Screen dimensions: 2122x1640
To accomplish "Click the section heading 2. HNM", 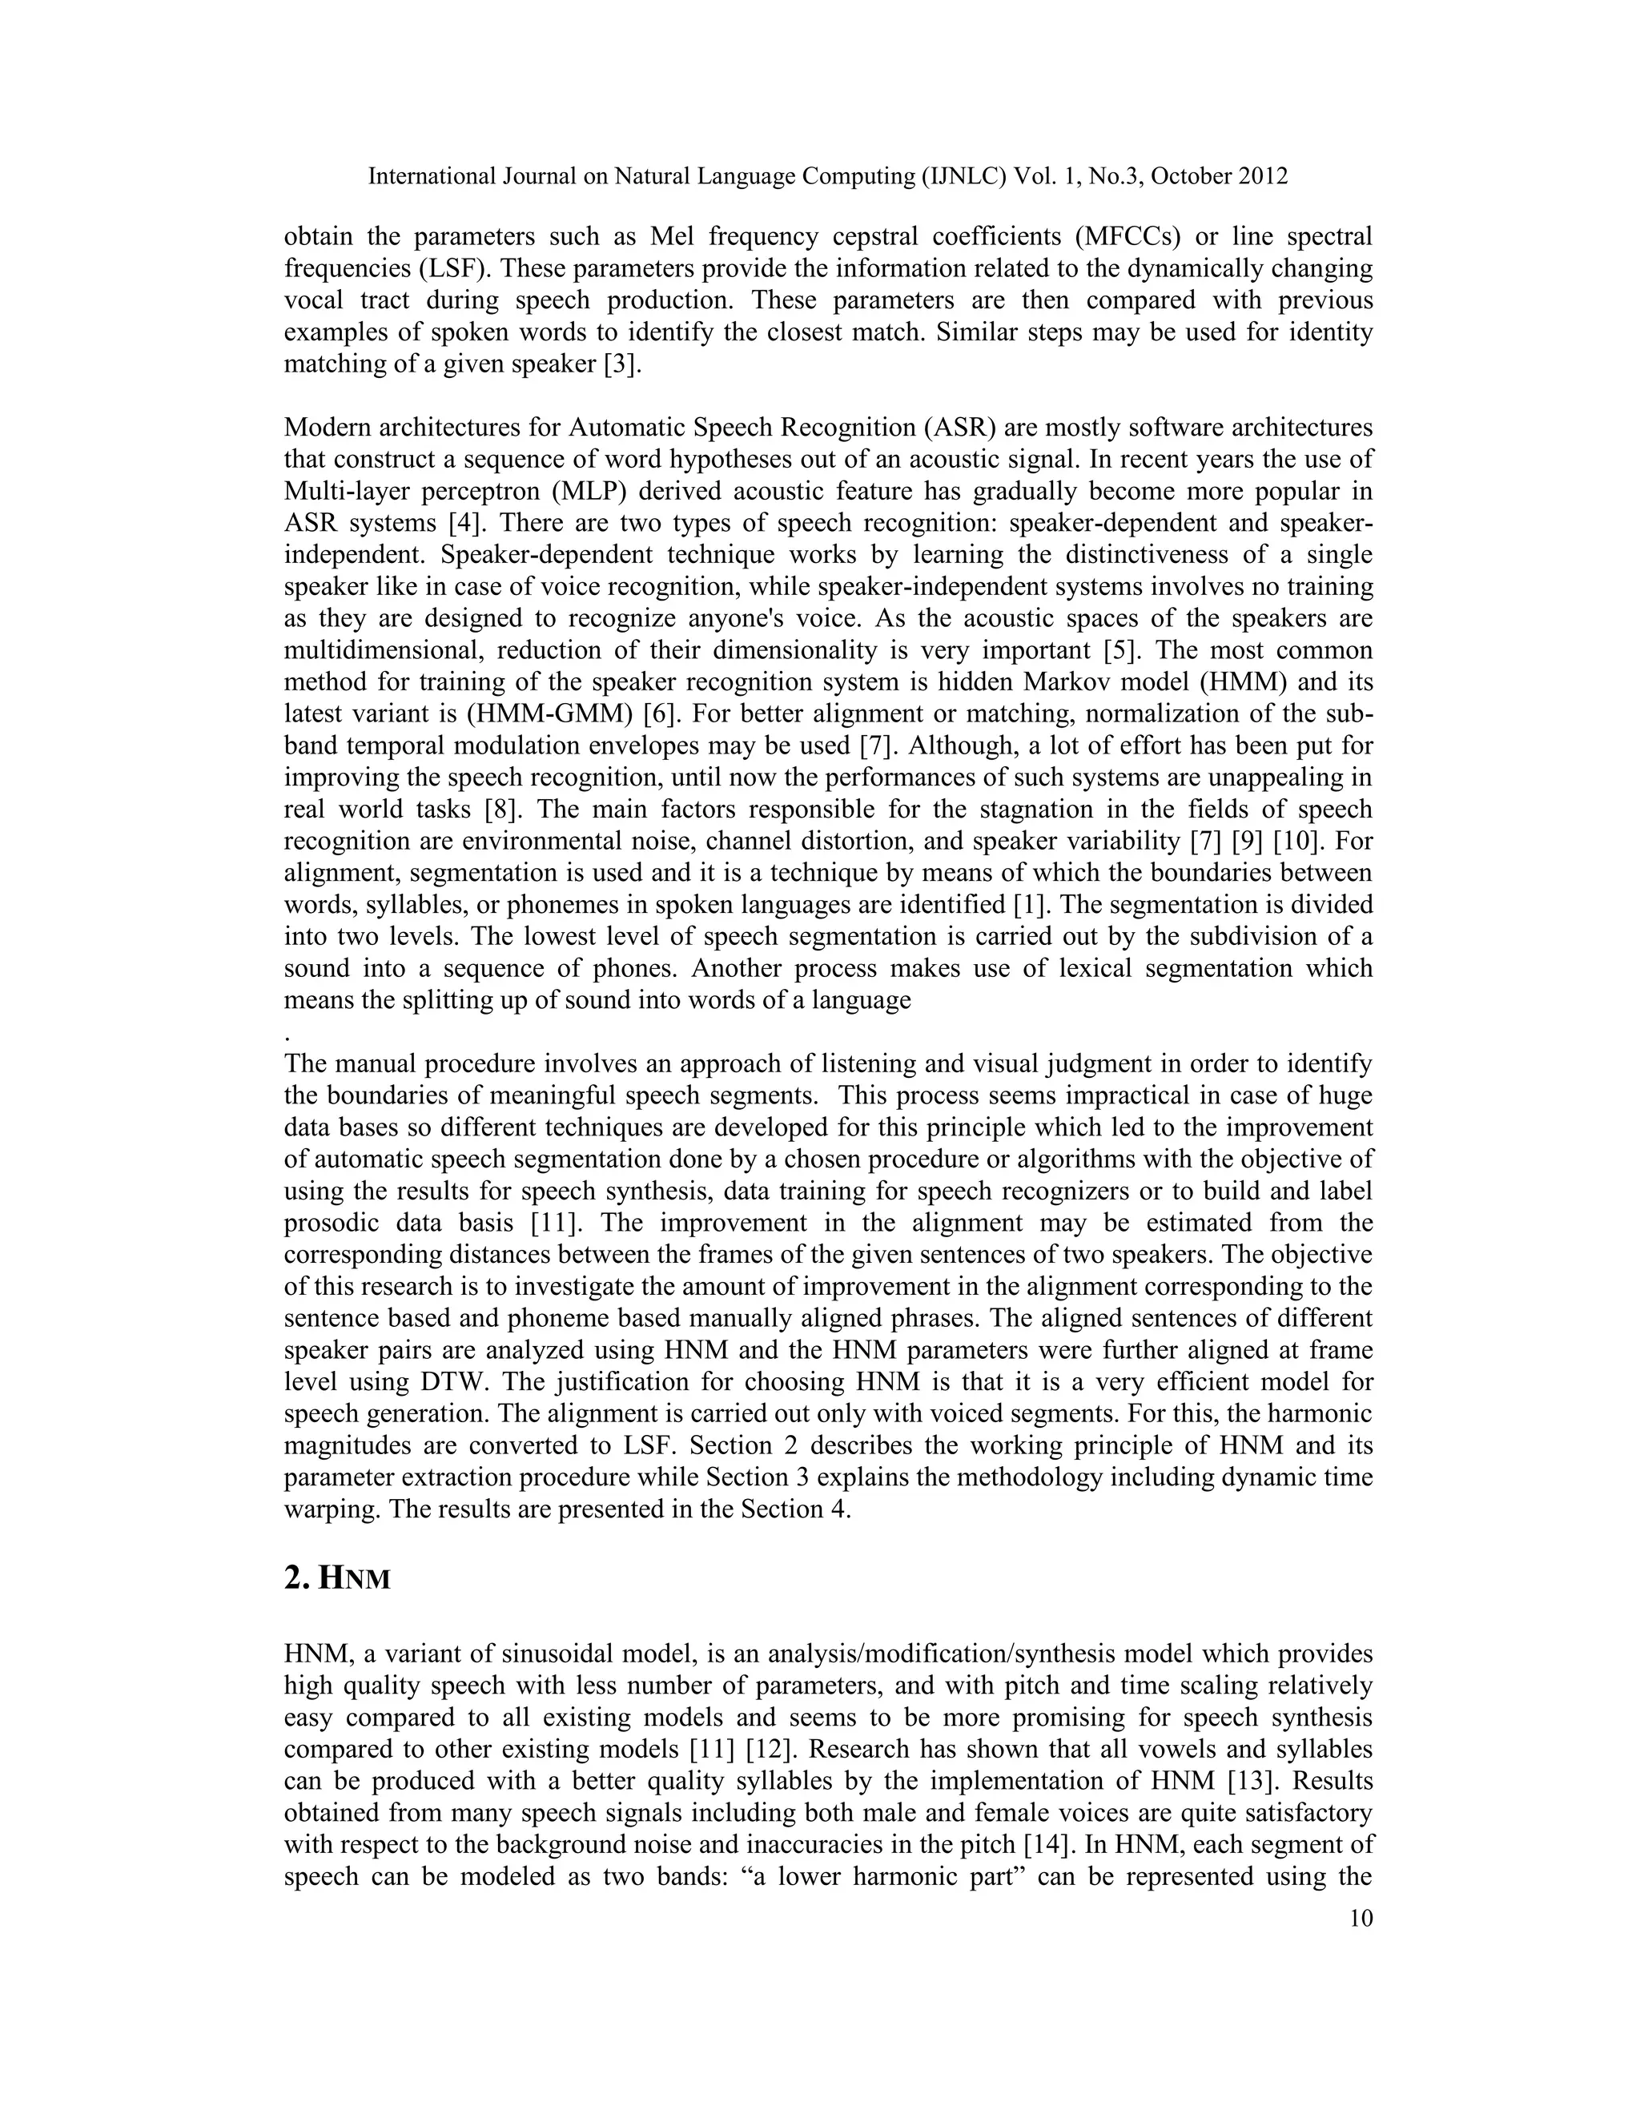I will tap(337, 1580).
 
